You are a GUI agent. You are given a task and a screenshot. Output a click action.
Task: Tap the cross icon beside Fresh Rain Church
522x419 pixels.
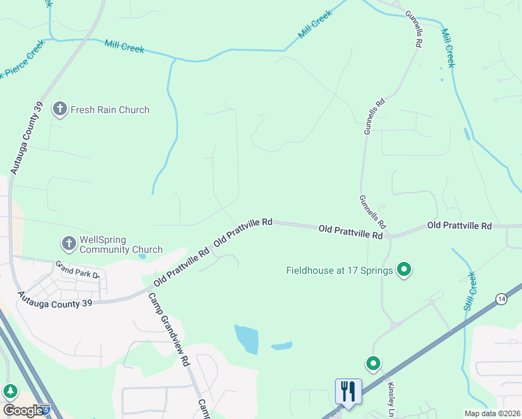point(59,110)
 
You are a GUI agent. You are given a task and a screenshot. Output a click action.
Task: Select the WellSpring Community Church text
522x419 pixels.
point(121,244)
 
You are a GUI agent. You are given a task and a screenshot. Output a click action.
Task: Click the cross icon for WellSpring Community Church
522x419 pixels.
point(68,244)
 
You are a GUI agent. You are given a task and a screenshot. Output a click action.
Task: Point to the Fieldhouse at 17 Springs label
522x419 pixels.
point(340,270)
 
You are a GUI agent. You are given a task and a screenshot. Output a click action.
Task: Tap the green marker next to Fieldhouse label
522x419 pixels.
point(403,270)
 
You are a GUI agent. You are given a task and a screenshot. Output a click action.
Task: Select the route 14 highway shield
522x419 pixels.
point(501,299)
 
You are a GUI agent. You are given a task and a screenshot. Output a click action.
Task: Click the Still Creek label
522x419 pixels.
point(470,291)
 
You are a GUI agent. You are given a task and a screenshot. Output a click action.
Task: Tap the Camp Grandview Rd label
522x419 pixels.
point(170,328)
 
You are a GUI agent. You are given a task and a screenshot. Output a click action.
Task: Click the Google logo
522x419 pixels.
point(23,411)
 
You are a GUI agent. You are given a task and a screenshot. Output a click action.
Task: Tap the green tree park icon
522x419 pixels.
point(10,392)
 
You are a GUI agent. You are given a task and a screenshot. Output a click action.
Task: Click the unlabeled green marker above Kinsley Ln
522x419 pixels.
point(373,363)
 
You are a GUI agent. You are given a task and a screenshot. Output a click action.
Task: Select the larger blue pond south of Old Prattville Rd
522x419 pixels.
point(246,339)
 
